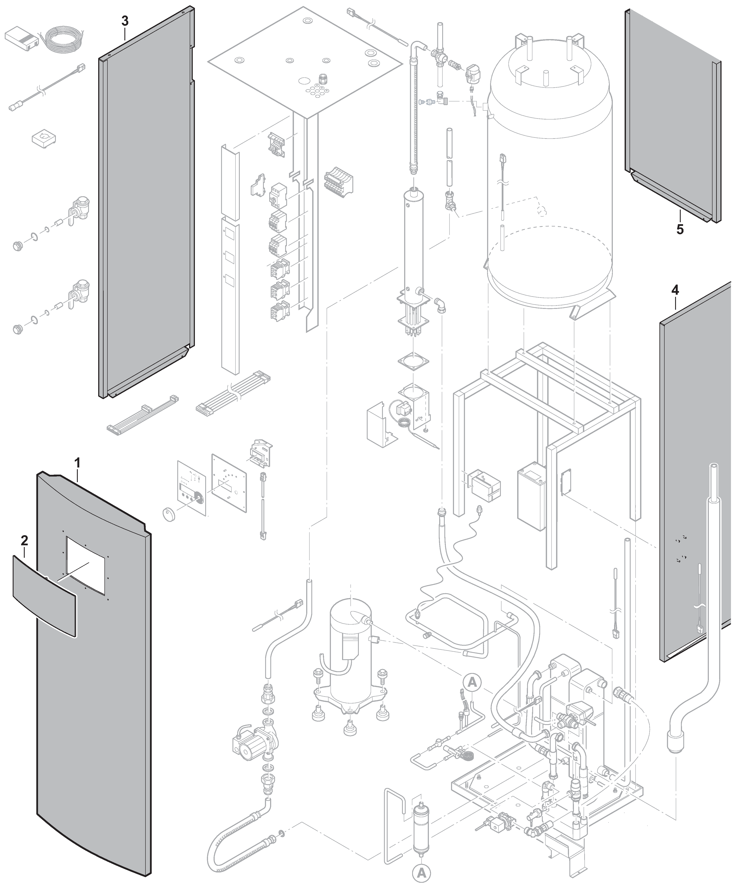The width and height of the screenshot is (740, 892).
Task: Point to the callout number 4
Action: click(675, 290)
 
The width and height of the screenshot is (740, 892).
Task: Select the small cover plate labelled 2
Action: click(44, 596)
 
